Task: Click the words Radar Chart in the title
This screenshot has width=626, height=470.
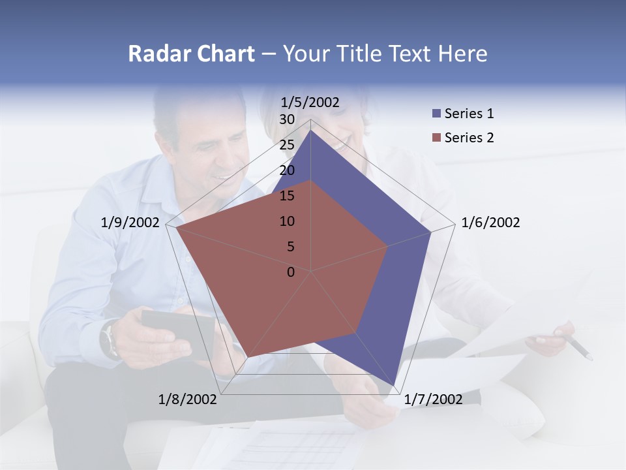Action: tap(191, 54)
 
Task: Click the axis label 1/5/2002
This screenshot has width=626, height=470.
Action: tap(310, 102)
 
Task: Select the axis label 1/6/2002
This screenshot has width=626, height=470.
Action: tap(490, 223)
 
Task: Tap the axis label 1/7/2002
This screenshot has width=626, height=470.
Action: tap(433, 399)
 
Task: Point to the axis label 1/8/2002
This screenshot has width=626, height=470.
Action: tap(188, 399)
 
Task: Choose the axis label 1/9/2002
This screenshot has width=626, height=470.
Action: tap(130, 223)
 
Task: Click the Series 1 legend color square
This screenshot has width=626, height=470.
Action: tap(436, 114)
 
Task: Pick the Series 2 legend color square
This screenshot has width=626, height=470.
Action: tap(436, 138)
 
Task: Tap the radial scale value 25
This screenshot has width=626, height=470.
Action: tap(287, 145)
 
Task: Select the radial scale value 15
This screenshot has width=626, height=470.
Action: tap(287, 196)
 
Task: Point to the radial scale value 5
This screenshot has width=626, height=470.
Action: tap(290, 247)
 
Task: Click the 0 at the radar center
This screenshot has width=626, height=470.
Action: tap(291, 272)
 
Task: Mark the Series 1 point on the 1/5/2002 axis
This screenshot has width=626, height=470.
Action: tap(311, 130)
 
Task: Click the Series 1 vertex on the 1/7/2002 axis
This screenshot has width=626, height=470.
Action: tap(395, 386)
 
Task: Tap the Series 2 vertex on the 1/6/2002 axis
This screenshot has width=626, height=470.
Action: tap(388, 246)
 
